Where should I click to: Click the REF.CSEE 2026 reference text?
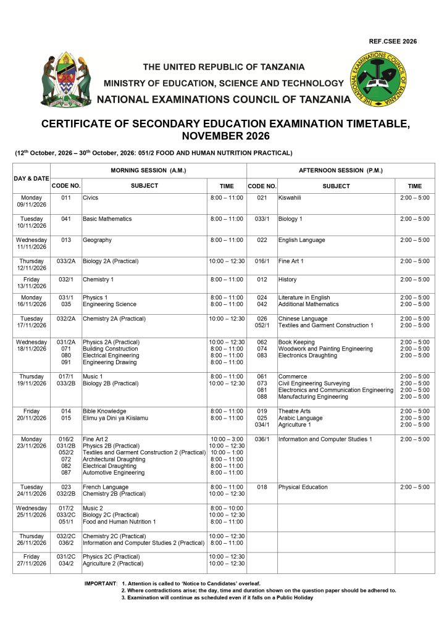(393, 41)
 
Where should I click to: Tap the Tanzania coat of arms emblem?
(65, 80)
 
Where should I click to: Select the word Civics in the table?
(91, 198)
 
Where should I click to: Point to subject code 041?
(66, 219)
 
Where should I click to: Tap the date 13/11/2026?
(31, 286)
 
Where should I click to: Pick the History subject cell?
(288, 280)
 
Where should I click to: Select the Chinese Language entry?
(303, 319)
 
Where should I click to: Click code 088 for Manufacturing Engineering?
(262, 397)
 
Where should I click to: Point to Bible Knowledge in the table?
(104, 411)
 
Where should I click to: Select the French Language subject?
(106, 487)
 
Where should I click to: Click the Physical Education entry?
(303, 487)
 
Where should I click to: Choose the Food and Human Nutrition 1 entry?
(119, 522)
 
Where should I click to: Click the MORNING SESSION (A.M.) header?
(148, 170)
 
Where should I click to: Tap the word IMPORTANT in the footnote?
(100, 583)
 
